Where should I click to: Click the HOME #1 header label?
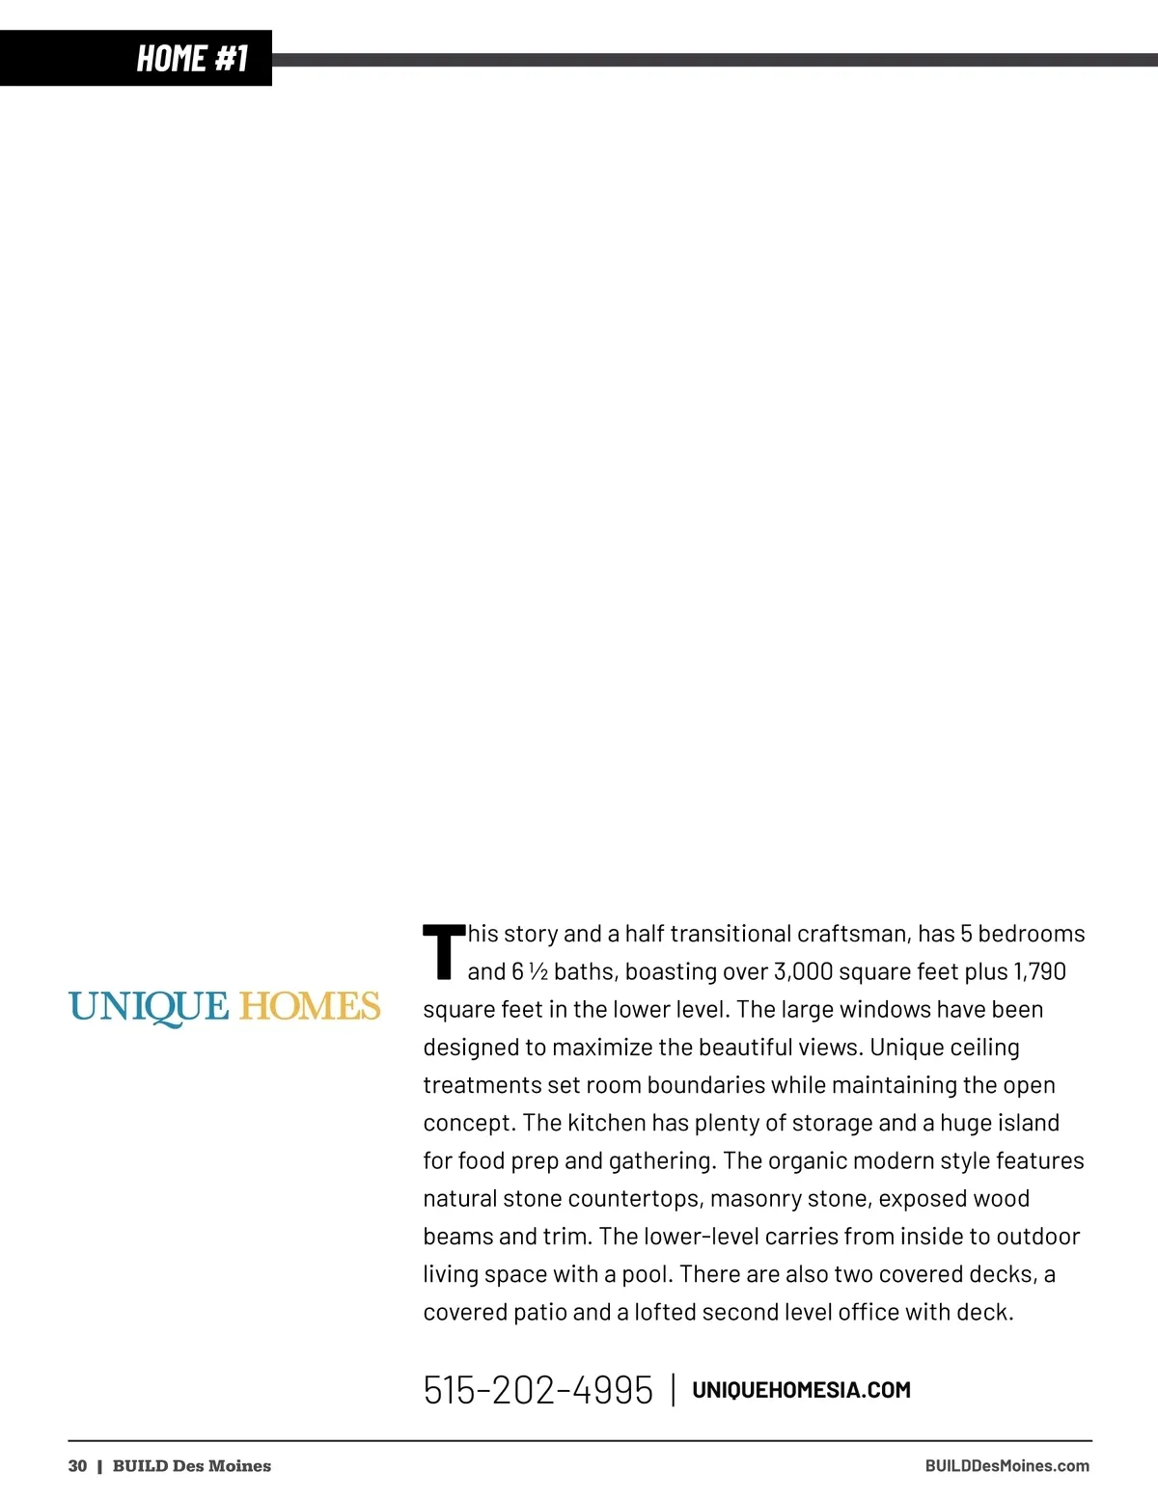coord(192,58)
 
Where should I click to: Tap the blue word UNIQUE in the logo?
coord(149,1007)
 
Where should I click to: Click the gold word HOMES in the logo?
coord(310,1006)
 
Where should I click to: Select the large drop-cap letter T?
coord(443,952)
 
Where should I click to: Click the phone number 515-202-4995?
coord(538,1390)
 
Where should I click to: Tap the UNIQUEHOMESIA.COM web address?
coord(801,1390)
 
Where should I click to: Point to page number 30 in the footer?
coord(77,1466)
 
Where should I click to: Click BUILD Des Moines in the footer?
coord(191,1466)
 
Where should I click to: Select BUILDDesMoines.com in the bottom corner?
coord(1006,1466)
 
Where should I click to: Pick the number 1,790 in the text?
coord(1039,971)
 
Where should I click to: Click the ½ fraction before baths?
coord(538,971)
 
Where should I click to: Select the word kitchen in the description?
coord(607,1123)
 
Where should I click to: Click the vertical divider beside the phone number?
coord(673,1390)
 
